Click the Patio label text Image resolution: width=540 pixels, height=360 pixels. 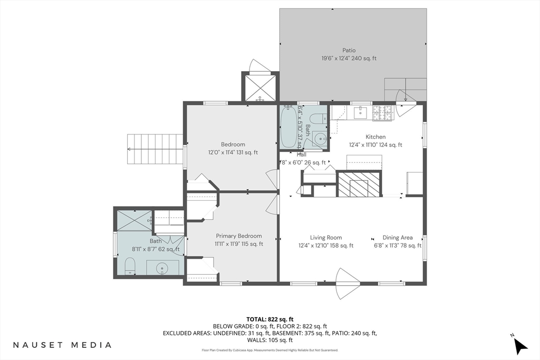click(x=349, y=51)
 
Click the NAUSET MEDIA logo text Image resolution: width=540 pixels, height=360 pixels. click(x=62, y=345)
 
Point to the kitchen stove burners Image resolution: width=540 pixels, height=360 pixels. click(x=383, y=112)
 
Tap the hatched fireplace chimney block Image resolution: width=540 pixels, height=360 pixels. click(x=359, y=184)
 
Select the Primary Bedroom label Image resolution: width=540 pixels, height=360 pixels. click(x=238, y=236)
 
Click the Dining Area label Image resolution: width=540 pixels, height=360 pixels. click(x=397, y=238)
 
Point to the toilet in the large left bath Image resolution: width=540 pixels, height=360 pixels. click(x=130, y=266)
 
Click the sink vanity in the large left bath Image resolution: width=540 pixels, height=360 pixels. click(x=162, y=267)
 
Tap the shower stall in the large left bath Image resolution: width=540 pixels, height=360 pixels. click(x=134, y=220)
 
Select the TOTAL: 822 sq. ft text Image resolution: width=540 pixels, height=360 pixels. click(x=269, y=319)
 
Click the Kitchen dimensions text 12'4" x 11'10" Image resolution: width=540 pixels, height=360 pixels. click(x=375, y=145)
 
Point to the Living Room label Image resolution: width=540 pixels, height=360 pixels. click(x=326, y=238)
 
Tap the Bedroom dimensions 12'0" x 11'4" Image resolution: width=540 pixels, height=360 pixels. click(x=233, y=153)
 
